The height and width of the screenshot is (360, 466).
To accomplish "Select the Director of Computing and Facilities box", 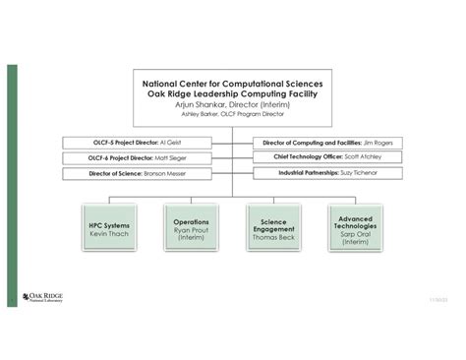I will tap(316, 142).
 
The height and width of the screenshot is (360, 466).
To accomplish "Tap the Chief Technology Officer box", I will tap(316, 157).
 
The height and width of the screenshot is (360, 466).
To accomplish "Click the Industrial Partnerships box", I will tap(316, 173).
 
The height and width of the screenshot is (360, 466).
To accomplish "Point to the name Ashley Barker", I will tap(200, 113).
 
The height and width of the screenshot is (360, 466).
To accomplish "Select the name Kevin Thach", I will tap(109, 234).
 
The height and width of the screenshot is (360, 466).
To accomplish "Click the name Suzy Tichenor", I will tap(359, 173).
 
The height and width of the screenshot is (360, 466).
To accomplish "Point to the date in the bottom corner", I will tap(437, 298).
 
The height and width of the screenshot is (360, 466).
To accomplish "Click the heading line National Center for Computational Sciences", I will tap(232, 84).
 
